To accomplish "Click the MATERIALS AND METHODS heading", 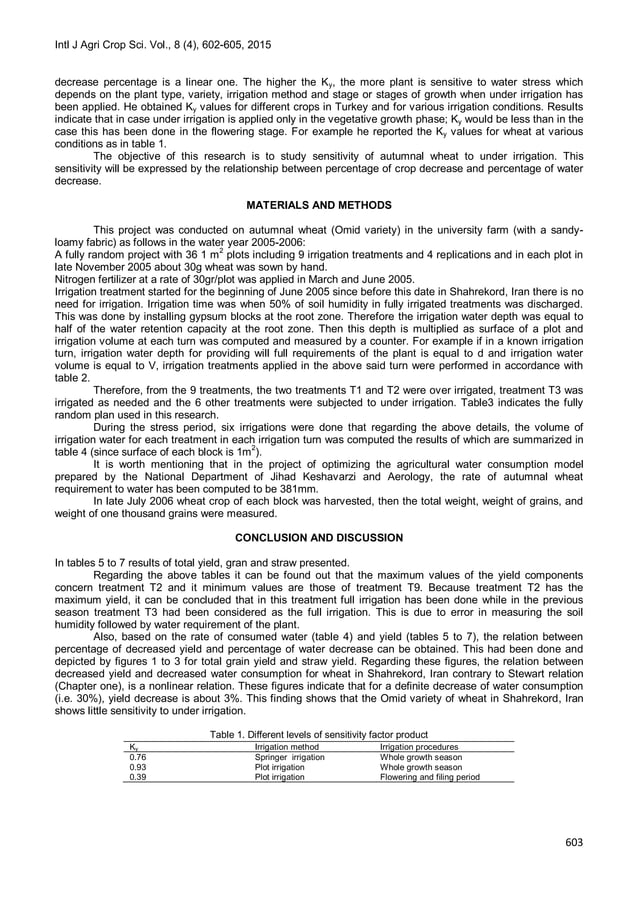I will click(x=318, y=205).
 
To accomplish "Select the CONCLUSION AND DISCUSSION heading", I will click(x=318, y=537).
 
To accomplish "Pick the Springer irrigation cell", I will click(x=290, y=757).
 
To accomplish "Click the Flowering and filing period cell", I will click(x=430, y=776).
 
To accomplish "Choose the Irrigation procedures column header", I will click(x=419, y=746).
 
